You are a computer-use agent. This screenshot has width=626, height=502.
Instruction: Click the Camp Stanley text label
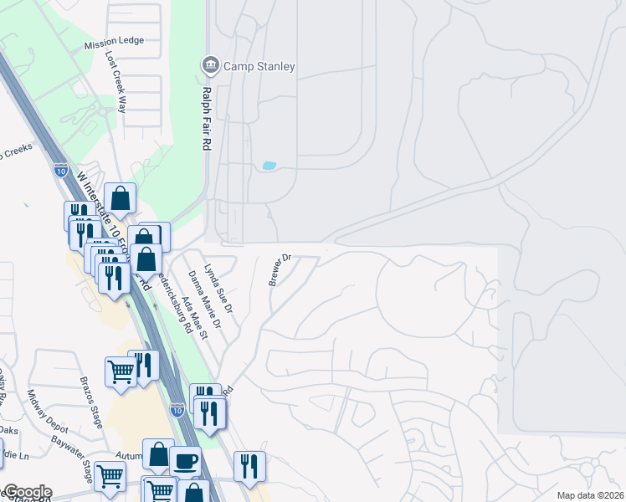pyautogui.click(x=259, y=66)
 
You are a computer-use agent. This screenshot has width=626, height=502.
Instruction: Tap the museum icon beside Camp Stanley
pyautogui.click(x=209, y=65)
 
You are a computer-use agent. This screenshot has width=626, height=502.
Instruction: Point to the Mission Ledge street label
pyautogui.click(x=114, y=40)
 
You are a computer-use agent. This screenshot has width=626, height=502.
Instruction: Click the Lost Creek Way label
pyautogui.click(x=115, y=82)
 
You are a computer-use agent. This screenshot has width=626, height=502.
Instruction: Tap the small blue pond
pyautogui.click(x=269, y=166)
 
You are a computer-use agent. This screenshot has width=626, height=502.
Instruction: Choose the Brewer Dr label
pyautogui.click(x=280, y=269)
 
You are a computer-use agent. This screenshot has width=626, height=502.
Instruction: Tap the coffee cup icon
pyautogui.click(x=185, y=459)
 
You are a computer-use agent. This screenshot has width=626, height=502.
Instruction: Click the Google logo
pyautogui.click(x=27, y=492)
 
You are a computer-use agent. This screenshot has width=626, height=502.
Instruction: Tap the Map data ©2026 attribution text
pyautogui.click(x=590, y=495)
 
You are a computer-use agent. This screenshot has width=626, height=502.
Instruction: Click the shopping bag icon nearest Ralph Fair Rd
pyautogui.click(x=121, y=198)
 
